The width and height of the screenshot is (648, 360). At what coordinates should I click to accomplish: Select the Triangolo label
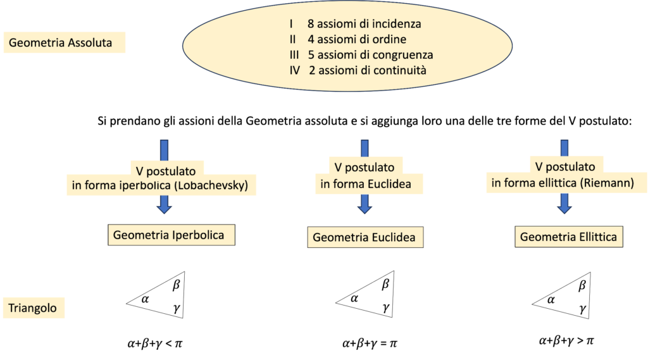[33, 309]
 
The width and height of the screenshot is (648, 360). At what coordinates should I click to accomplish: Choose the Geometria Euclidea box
[364, 238]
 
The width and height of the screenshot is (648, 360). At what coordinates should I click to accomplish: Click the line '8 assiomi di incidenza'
[364, 25]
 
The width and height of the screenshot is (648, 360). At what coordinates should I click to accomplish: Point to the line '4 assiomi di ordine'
[352, 40]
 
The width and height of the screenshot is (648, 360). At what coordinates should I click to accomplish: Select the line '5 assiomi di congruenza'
[370, 55]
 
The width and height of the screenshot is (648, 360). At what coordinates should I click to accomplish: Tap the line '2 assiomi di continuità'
[368, 70]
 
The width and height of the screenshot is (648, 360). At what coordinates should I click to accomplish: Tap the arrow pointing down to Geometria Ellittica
[564, 202]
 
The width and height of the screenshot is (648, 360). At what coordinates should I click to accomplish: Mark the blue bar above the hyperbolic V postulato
[165, 149]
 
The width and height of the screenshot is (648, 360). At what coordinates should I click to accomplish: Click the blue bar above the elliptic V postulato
[564, 149]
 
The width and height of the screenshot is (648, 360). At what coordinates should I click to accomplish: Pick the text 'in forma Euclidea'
[366, 184]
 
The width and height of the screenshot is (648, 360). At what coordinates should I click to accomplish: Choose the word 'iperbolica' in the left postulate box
[142, 185]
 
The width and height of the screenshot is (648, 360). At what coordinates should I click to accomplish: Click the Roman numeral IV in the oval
[294, 70]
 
